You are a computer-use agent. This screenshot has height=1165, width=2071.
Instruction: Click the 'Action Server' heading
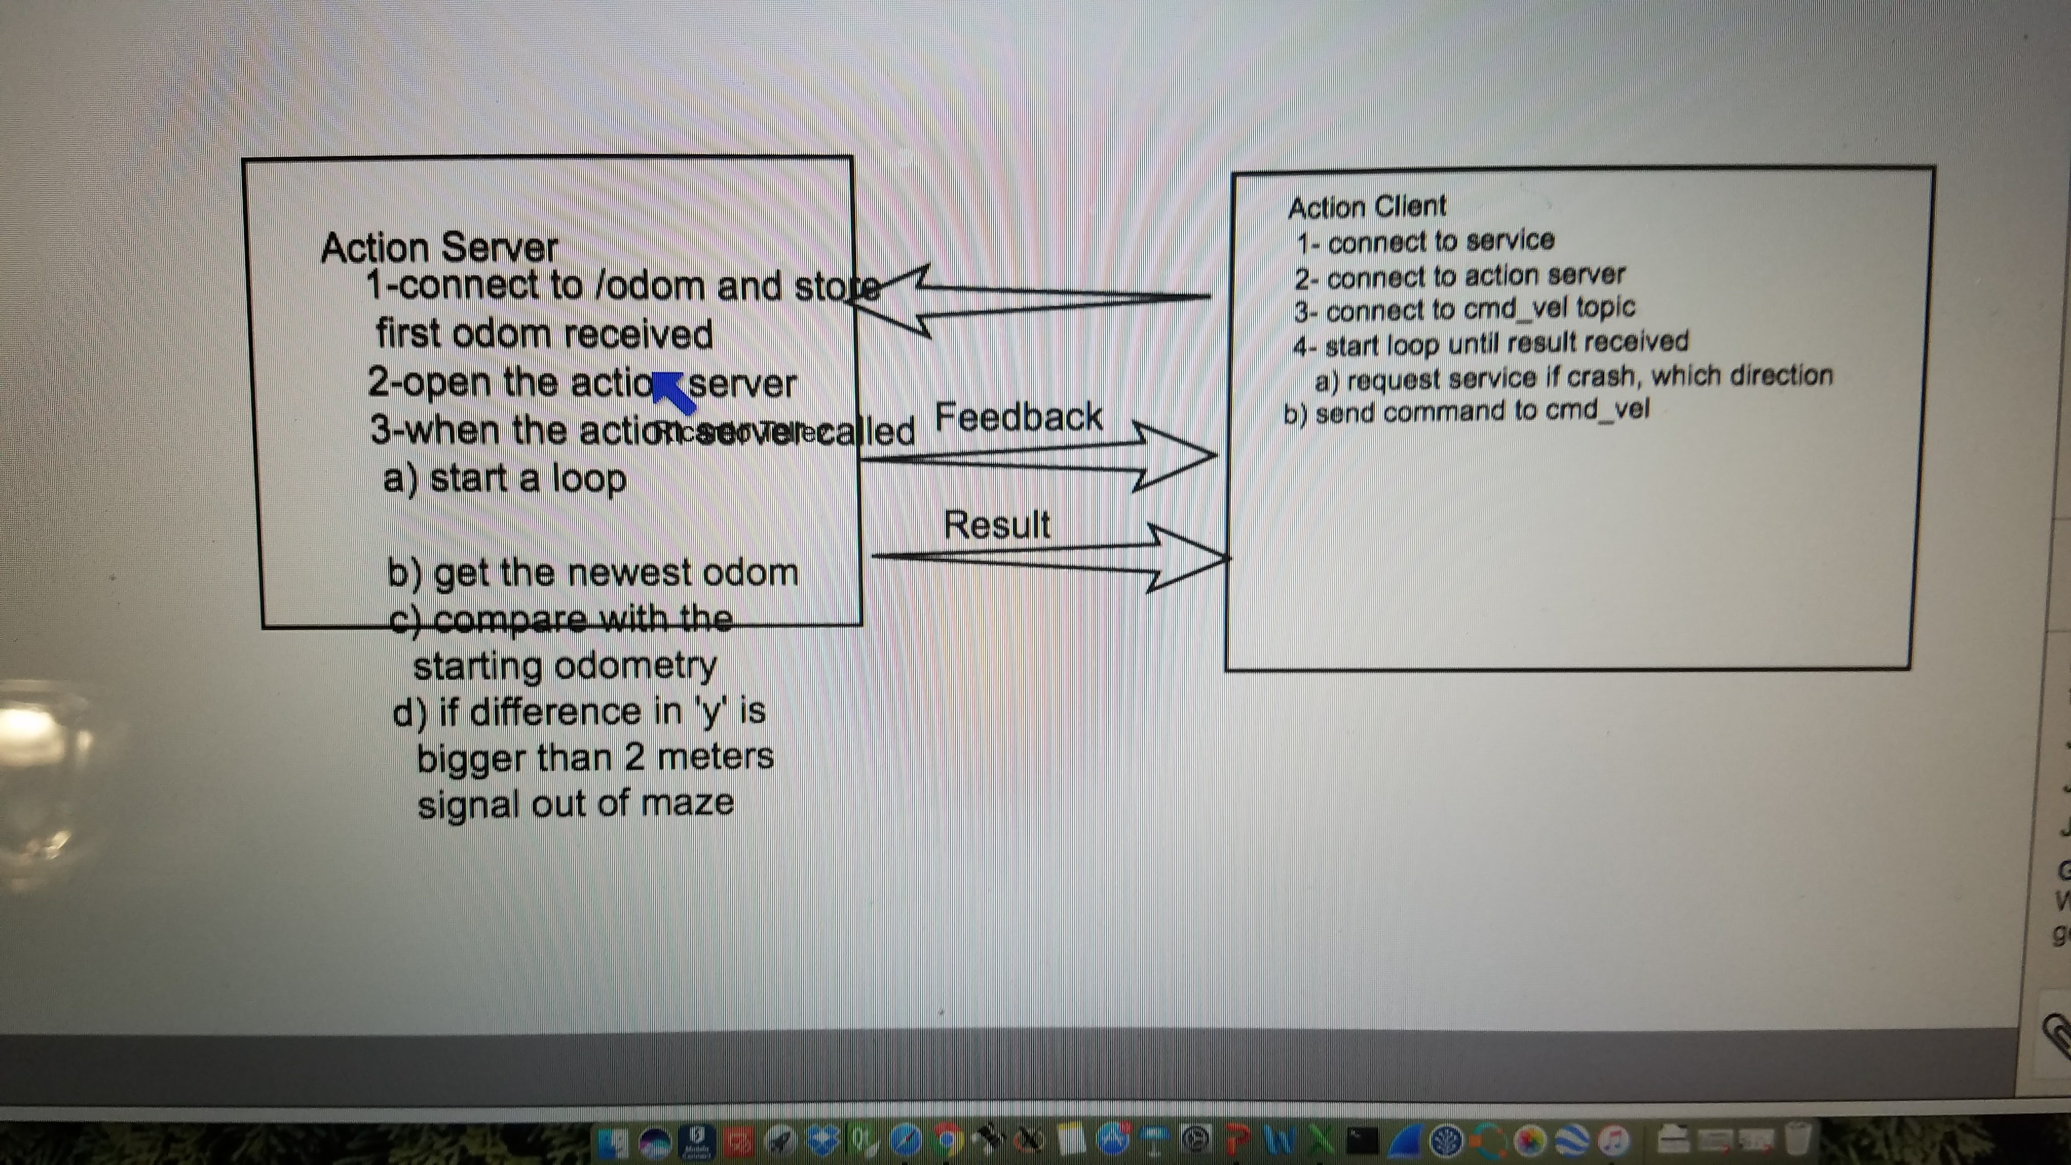coord(439,247)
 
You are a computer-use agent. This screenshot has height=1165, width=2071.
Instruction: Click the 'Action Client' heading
coord(1367,206)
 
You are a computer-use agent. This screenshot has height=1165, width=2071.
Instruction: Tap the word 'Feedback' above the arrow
coord(1018,417)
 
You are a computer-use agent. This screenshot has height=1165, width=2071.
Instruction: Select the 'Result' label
coord(997,524)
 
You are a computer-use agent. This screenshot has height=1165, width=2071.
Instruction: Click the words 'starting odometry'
coord(564,666)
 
